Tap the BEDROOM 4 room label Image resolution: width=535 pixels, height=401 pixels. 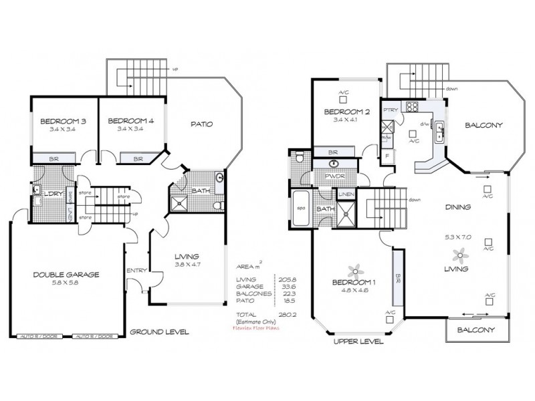[x=132, y=121]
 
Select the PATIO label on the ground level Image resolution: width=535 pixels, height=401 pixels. [x=201, y=124]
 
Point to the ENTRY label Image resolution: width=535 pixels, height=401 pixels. [x=137, y=270]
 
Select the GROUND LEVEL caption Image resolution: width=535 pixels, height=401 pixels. [x=159, y=331]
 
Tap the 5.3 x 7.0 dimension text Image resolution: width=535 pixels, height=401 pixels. [x=459, y=236]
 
